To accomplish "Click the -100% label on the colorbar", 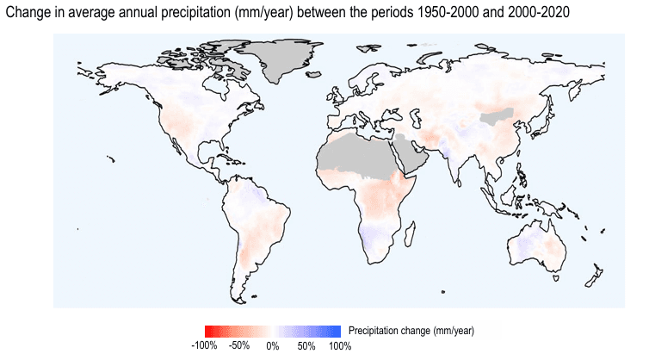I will pos(204,346).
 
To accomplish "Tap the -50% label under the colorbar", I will pos(239,346).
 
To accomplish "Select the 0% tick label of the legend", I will pos(273,346).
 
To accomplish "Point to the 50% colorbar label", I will pos(306,346).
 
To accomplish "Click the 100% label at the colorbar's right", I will pos(340,346).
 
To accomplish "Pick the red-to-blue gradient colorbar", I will pos(273,331).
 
